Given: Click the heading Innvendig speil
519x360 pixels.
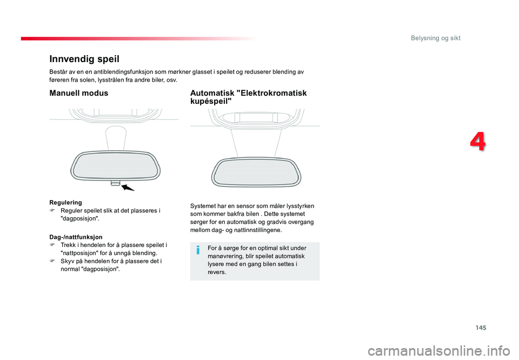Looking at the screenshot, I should (x=84, y=58).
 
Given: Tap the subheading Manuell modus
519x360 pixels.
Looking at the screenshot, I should (x=78, y=93).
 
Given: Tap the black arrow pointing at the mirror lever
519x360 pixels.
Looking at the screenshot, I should (x=128, y=188).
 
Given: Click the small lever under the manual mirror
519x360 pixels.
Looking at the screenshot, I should (x=115, y=183).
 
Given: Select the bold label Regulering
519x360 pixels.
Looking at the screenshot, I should (x=65, y=202).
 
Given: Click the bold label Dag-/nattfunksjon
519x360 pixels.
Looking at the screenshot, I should (x=75, y=237).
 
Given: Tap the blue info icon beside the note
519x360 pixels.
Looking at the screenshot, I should (x=198, y=249).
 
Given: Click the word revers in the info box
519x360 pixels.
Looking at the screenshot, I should (x=216, y=272).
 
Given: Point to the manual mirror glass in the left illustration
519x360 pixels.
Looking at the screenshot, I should (x=115, y=165).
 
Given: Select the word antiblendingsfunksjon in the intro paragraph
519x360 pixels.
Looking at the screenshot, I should (x=118, y=71).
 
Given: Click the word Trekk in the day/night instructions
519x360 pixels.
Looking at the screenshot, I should (x=69, y=245).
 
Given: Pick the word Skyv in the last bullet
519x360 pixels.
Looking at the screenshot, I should (x=68, y=261).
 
